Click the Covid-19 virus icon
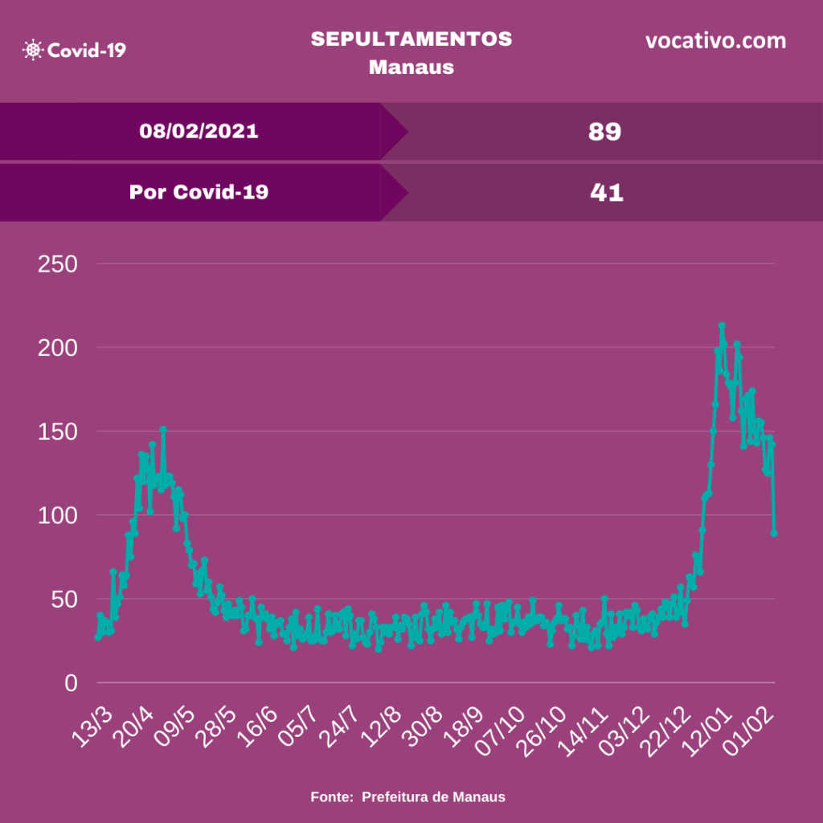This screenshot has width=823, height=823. pyautogui.click(x=33, y=50)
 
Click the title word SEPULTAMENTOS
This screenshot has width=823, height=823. pyautogui.click(x=411, y=39)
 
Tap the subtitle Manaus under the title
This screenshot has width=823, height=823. pyautogui.click(x=411, y=67)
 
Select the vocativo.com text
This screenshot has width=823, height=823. pyautogui.click(x=715, y=41)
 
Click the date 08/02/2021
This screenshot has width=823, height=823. pyautogui.click(x=199, y=131)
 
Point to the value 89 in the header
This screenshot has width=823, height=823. pyautogui.click(x=604, y=132)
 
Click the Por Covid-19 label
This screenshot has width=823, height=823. pyautogui.click(x=199, y=192)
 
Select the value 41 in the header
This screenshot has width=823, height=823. pyautogui.click(x=605, y=193)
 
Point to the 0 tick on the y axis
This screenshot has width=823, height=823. pyautogui.click(x=71, y=683)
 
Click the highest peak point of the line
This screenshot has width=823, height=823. pyautogui.click(x=722, y=326)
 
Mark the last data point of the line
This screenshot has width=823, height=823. pyautogui.click(x=774, y=533)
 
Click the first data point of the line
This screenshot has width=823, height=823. pyautogui.click(x=97, y=637)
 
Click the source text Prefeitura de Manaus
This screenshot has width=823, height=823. pyautogui.click(x=433, y=797)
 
